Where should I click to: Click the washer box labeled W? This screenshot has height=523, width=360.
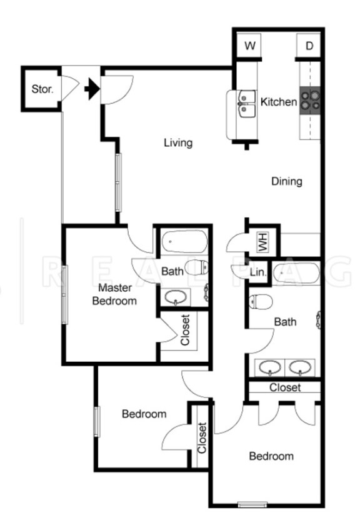(250, 46)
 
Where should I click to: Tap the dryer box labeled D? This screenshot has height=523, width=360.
(309, 46)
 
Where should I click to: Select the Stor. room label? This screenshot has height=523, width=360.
(42, 89)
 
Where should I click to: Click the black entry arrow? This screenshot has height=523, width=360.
(92, 89)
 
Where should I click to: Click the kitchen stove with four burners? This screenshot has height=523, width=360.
(309, 100)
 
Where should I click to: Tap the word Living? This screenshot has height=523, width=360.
(177, 143)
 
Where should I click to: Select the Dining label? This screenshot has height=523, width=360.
(287, 182)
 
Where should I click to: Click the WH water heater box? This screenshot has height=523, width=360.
(262, 241)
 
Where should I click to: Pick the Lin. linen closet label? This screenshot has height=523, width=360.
(257, 272)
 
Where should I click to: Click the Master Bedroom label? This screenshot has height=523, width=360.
(114, 294)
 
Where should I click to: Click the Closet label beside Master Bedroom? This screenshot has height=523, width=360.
(186, 329)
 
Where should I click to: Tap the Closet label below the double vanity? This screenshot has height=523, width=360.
(285, 387)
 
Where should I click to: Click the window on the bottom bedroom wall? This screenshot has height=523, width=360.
(252, 504)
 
